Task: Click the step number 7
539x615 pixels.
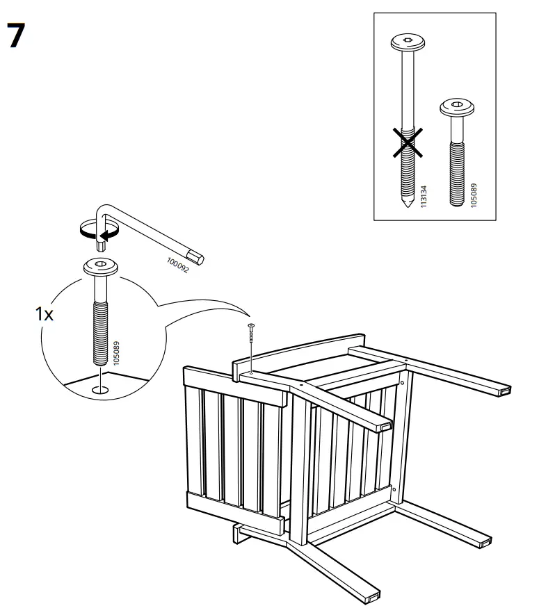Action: [16, 35]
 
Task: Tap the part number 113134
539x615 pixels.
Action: [424, 197]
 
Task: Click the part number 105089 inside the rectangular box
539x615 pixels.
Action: [474, 195]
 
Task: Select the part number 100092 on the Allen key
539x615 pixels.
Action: [178, 265]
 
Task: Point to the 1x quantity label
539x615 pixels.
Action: [45, 314]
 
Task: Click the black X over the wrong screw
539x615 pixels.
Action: [408, 142]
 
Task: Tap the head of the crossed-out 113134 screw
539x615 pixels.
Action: [408, 42]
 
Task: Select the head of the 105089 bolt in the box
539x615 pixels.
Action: [457, 108]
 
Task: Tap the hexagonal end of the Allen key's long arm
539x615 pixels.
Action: [196, 256]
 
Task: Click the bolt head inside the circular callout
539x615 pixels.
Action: [101, 267]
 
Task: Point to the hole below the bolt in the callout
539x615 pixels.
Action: [101, 390]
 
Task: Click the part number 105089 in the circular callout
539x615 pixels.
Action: [116, 354]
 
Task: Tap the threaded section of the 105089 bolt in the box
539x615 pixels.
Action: [457, 173]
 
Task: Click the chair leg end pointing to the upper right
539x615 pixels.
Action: [504, 391]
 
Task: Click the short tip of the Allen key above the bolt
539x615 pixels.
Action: [102, 246]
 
